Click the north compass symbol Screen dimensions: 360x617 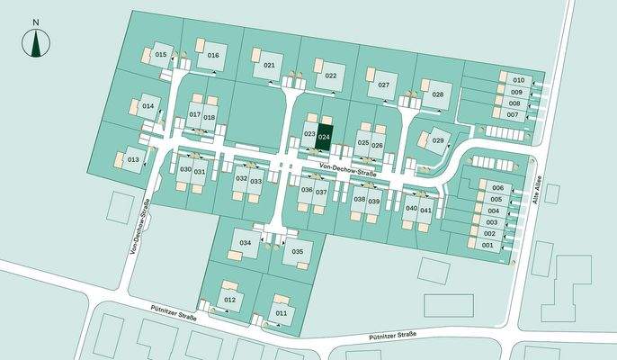click(36, 41)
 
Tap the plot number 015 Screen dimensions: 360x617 click(161, 55)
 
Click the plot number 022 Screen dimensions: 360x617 click(331, 76)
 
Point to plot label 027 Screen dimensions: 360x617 click(383, 85)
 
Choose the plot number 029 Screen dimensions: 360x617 click(438, 140)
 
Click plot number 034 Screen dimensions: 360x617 click(246, 244)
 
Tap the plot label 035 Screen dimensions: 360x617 click(298, 251)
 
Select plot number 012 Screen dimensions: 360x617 click(229, 299)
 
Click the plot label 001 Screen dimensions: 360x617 click(488, 245)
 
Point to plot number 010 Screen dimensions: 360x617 click(518, 80)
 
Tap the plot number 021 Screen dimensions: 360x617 click(270, 66)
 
